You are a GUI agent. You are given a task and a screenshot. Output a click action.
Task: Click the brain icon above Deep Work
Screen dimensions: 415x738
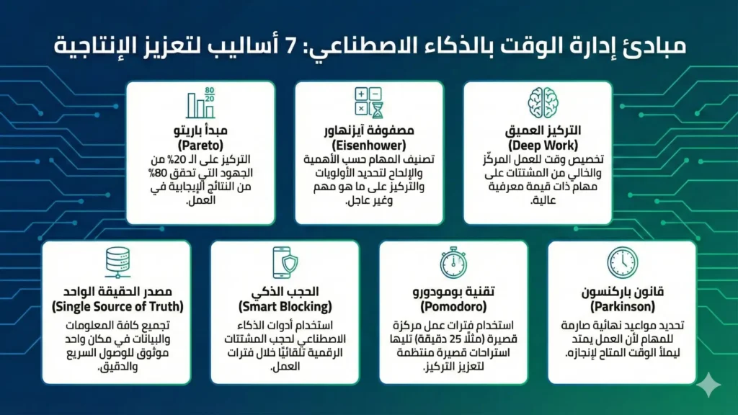(x=538, y=103)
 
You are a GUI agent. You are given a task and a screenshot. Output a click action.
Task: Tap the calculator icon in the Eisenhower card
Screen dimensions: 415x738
(x=369, y=103)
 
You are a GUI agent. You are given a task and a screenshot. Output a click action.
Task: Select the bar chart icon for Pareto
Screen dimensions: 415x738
(x=200, y=104)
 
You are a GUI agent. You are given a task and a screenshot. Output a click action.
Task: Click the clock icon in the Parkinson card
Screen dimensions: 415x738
(x=622, y=262)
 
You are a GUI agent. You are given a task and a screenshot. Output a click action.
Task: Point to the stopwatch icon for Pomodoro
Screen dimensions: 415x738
(x=453, y=262)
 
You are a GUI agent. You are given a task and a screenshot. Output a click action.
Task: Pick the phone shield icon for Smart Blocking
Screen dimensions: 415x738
(x=285, y=262)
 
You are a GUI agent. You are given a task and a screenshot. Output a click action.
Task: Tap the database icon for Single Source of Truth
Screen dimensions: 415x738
(x=116, y=262)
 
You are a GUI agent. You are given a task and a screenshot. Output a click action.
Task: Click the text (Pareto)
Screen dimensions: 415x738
(x=200, y=145)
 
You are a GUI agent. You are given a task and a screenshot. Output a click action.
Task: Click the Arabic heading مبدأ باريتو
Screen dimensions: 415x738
(x=200, y=131)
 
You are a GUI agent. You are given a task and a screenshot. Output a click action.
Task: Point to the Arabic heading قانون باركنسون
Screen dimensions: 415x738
(x=622, y=293)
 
